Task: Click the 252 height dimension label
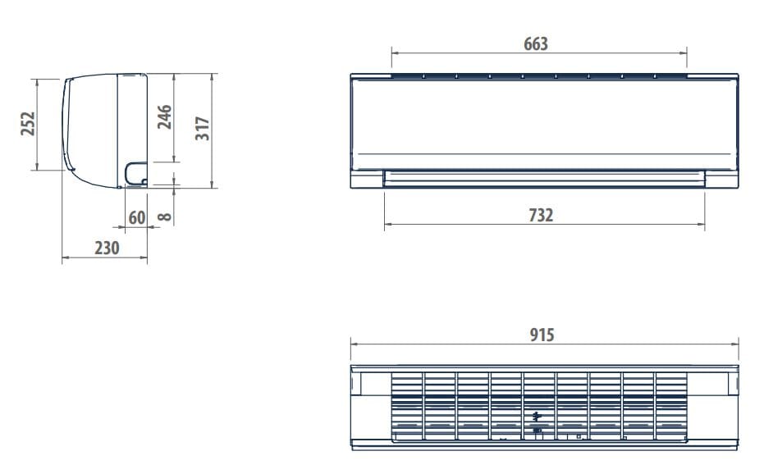tap(28, 124)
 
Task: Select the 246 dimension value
tap(165, 117)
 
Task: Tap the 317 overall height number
tap(203, 129)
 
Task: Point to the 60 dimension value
tap(136, 217)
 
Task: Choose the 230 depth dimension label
tap(107, 248)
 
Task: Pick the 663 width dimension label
tap(536, 44)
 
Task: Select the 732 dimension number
tap(541, 216)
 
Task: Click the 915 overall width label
tap(542, 335)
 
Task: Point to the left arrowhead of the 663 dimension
tap(395, 55)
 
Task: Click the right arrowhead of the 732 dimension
tap(702, 225)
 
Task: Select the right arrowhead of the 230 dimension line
tap(144, 258)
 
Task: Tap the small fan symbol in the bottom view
tap(537, 415)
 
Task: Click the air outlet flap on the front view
tap(544, 178)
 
